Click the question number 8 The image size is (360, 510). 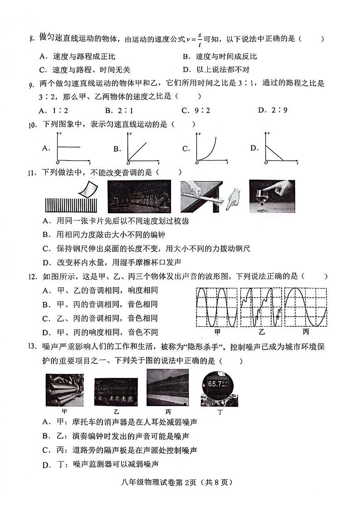31,39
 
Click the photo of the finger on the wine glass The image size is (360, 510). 272,196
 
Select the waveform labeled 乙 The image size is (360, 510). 260,307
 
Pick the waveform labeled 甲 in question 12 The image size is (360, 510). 216,307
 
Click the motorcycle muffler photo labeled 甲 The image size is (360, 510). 64,389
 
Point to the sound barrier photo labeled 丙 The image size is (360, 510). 167,387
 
